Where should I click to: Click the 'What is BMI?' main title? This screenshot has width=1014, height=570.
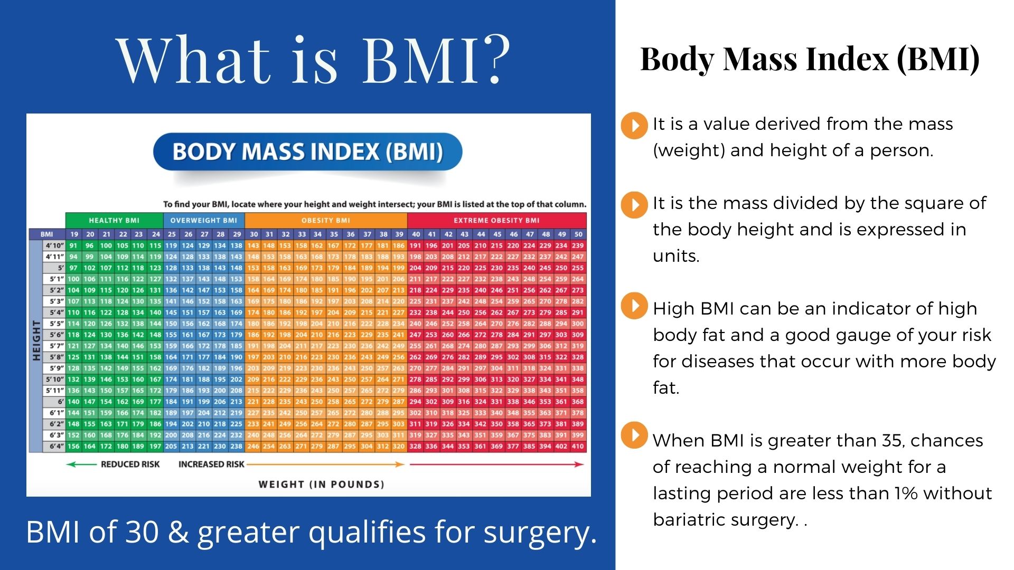(313, 59)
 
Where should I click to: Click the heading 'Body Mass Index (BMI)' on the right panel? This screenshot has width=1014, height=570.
(810, 59)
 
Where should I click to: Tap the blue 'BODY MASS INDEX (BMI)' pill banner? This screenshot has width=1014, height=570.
(307, 152)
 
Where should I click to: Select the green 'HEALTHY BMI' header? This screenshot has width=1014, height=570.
(114, 220)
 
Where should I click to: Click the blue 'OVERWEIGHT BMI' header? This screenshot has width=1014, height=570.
(203, 220)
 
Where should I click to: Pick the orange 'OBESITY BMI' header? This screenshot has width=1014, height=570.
(325, 220)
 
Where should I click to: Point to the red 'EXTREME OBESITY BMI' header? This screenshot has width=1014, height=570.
(496, 220)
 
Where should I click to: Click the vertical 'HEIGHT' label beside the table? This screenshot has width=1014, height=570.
(36, 340)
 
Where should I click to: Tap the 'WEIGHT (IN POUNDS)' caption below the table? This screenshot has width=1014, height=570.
(321, 484)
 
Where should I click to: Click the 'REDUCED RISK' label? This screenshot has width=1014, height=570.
(130, 464)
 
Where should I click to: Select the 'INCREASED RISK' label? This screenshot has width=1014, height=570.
(211, 464)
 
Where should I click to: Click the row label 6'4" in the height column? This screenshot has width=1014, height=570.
(57, 446)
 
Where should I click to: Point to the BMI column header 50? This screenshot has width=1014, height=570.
(578, 234)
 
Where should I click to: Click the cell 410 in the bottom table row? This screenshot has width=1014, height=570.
(578, 446)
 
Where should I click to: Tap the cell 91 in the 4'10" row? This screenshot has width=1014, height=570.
(73, 245)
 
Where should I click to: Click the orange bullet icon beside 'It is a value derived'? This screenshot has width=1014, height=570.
(634, 125)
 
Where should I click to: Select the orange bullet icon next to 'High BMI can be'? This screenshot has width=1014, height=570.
(634, 306)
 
